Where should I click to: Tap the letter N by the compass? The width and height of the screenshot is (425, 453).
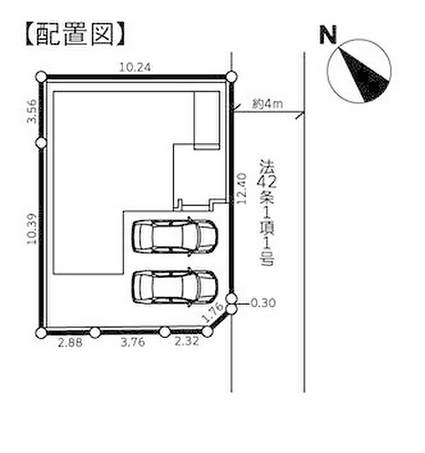[328, 35]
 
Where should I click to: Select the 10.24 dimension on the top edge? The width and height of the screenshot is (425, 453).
[135, 68]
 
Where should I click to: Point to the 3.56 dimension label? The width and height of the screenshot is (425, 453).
[32, 111]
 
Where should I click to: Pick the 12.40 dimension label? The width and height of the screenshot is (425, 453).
[241, 188]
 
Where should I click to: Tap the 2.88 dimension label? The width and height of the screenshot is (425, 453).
[70, 343]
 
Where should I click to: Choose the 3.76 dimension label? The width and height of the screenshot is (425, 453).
[132, 343]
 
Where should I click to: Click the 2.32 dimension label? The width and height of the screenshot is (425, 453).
[187, 341]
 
